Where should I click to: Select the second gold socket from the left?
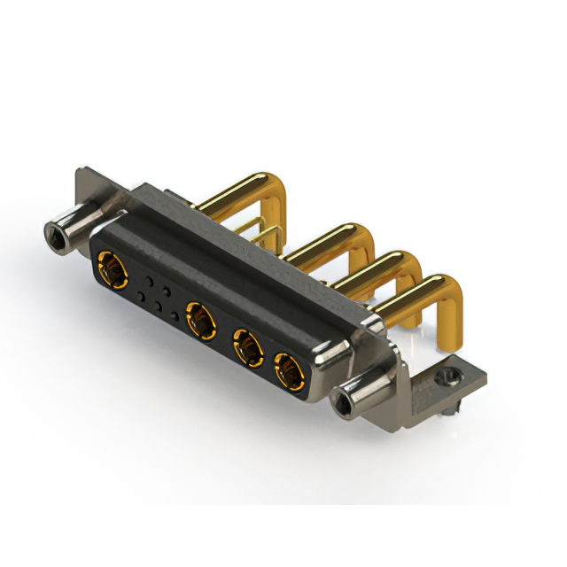click(200, 319)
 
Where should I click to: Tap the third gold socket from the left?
click(247, 348)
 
